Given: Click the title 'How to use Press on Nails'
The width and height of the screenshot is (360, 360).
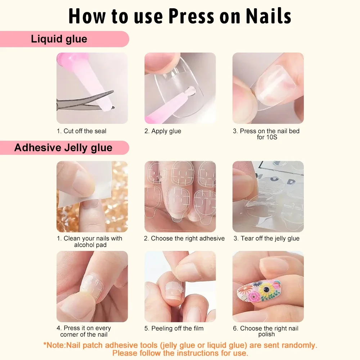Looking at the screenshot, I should (x=180, y=16).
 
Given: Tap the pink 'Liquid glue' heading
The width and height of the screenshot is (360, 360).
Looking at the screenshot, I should (x=59, y=39).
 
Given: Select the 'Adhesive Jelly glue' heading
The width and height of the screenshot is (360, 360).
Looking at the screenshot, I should (x=63, y=148).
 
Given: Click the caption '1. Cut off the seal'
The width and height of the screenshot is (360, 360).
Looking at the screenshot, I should (x=82, y=131).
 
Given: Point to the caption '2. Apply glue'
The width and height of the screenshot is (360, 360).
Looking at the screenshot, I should (x=163, y=131).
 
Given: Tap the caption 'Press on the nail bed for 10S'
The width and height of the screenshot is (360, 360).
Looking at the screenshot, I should (x=266, y=134).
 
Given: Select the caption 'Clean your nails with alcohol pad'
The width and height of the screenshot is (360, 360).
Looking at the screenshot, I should (x=90, y=242).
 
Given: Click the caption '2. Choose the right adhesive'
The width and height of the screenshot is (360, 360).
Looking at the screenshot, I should (x=184, y=238).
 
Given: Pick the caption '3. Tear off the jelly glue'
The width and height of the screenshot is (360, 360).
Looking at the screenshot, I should (x=266, y=238).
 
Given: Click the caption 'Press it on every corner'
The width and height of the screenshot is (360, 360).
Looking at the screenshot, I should (x=84, y=331).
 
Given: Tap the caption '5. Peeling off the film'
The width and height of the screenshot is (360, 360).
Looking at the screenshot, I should (x=174, y=328).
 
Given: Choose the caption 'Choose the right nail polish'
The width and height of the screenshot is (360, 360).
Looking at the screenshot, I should (x=266, y=331).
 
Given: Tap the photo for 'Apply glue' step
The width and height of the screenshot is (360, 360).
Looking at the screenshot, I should (x=180, y=88).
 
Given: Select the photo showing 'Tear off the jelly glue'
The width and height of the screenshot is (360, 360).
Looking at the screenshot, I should (x=268, y=197).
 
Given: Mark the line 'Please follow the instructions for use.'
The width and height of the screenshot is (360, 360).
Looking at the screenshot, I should (x=180, y=353).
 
